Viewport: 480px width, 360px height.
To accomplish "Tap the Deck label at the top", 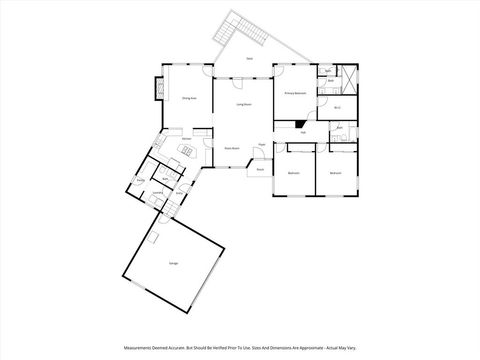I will pos(249,59).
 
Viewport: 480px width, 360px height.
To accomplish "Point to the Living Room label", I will pos(243,104).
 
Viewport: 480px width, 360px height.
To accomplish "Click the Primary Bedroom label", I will pos(294,93).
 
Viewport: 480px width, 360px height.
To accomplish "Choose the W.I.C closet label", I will pos(338,107).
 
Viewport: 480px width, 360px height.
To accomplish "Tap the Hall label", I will pos(302,131).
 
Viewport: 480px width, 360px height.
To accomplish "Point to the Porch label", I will pos(259,169).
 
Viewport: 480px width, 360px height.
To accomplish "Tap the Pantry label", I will pos(141,180).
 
